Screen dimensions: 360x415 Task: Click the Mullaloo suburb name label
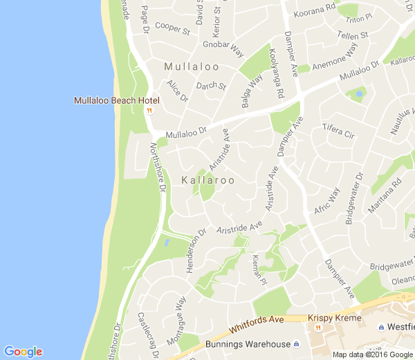tap(192, 67)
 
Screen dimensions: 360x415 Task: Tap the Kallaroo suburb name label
tap(207, 180)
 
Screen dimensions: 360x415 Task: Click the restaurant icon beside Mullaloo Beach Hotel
tap(149, 109)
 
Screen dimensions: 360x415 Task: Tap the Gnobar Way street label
tap(223, 49)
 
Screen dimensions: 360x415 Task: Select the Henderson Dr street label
tap(196, 250)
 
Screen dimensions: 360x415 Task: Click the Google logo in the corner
tap(23, 351)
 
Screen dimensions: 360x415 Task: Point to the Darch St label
tap(211, 87)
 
